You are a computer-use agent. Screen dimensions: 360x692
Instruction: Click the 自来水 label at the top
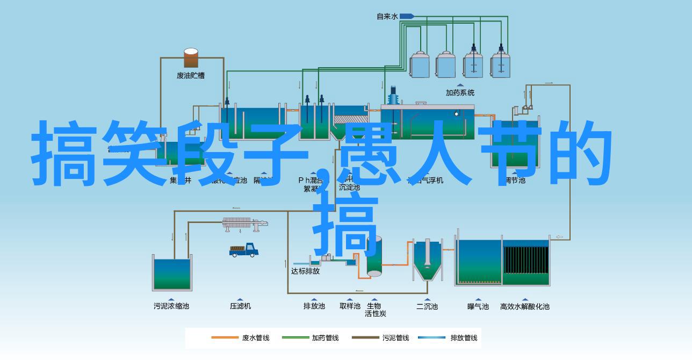coord(387,17)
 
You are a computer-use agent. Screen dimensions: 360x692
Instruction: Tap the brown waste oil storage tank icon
coord(191,58)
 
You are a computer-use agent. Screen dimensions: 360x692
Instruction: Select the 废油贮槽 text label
coord(191,76)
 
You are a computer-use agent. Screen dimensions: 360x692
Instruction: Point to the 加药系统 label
coord(460,92)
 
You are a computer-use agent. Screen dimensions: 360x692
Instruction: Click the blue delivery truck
coord(244,250)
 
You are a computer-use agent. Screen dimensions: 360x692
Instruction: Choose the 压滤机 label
coord(240,306)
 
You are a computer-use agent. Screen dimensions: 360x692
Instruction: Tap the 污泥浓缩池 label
coord(171,306)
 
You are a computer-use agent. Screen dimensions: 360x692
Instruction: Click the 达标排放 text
coord(305,271)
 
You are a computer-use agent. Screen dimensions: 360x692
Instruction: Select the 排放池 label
coord(314,306)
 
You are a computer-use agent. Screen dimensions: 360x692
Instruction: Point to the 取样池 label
coord(350,306)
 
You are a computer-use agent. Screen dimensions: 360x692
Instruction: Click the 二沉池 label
coord(427,306)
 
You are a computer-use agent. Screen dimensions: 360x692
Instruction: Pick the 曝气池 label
coord(478,306)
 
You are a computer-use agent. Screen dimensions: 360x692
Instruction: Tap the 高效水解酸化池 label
coord(524,306)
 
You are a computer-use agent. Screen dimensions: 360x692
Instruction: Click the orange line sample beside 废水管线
coord(225,338)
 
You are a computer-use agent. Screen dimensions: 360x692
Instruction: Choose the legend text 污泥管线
coord(395,338)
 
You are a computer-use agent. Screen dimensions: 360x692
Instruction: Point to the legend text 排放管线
coord(464,338)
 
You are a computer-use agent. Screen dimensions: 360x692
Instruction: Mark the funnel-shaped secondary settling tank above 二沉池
coord(427,261)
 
